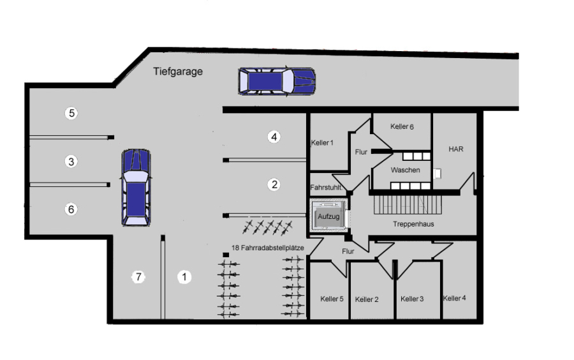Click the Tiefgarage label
pyautogui.click(x=177, y=71)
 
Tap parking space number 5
pyautogui.click(x=71, y=113)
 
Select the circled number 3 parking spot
pyautogui.click(x=71, y=161)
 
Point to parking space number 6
pyautogui.click(x=71, y=209)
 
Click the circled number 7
pyautogui.click(x=138, y=277)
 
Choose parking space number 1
pyautogui.click(x=184, y=277)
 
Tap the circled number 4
pyautogui.click(x=274, y=137)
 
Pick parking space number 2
pyautogui.click(x=274, y=184)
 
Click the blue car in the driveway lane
pyautogui.click(x=277, y=81)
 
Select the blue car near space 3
pyautogui.click(x=136, y=187)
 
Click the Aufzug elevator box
pyautogui.click(x=328, y=216)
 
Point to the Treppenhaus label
pyautogui.click(x=413, y=224)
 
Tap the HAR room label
pyautogui.click(x=456, y=149)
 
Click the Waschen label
pyautogui.click(x=405, y=170)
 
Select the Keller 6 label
pyautogui.click(x=402, y=126)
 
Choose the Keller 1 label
pyautogui.click(x=322, y=142)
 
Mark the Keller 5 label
pyautogui.click(x=332, y=299)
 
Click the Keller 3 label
pyautogui.click(x=412, y=299)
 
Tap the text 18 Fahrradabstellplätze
pyautogui.click(x=268, y=248)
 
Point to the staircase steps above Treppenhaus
pyautogui.click(x=408, y=204)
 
